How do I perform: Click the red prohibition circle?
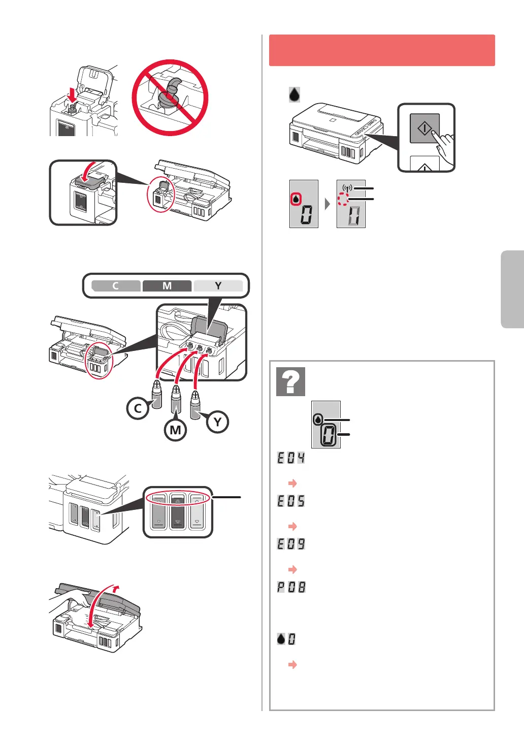[170, 98]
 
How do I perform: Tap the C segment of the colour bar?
[116, 286]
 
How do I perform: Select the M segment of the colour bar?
[167, 286]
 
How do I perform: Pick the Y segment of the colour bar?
[218, 286]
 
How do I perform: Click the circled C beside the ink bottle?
[138, 408]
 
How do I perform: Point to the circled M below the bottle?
[175, 430]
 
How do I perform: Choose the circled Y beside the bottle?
[217, 422]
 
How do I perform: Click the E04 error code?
[291, 458]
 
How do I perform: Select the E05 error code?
[291, 501]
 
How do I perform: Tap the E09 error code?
[291, 544]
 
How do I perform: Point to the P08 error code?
[291, 587]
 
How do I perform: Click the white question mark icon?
[291, 381]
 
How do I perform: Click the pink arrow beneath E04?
[292, 483]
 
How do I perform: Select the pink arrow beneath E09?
[292, 569]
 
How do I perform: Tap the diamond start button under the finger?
[424, 127]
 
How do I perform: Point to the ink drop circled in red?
[296, 199]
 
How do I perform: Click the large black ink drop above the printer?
[294, 94]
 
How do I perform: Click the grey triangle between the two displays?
[327, 204]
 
